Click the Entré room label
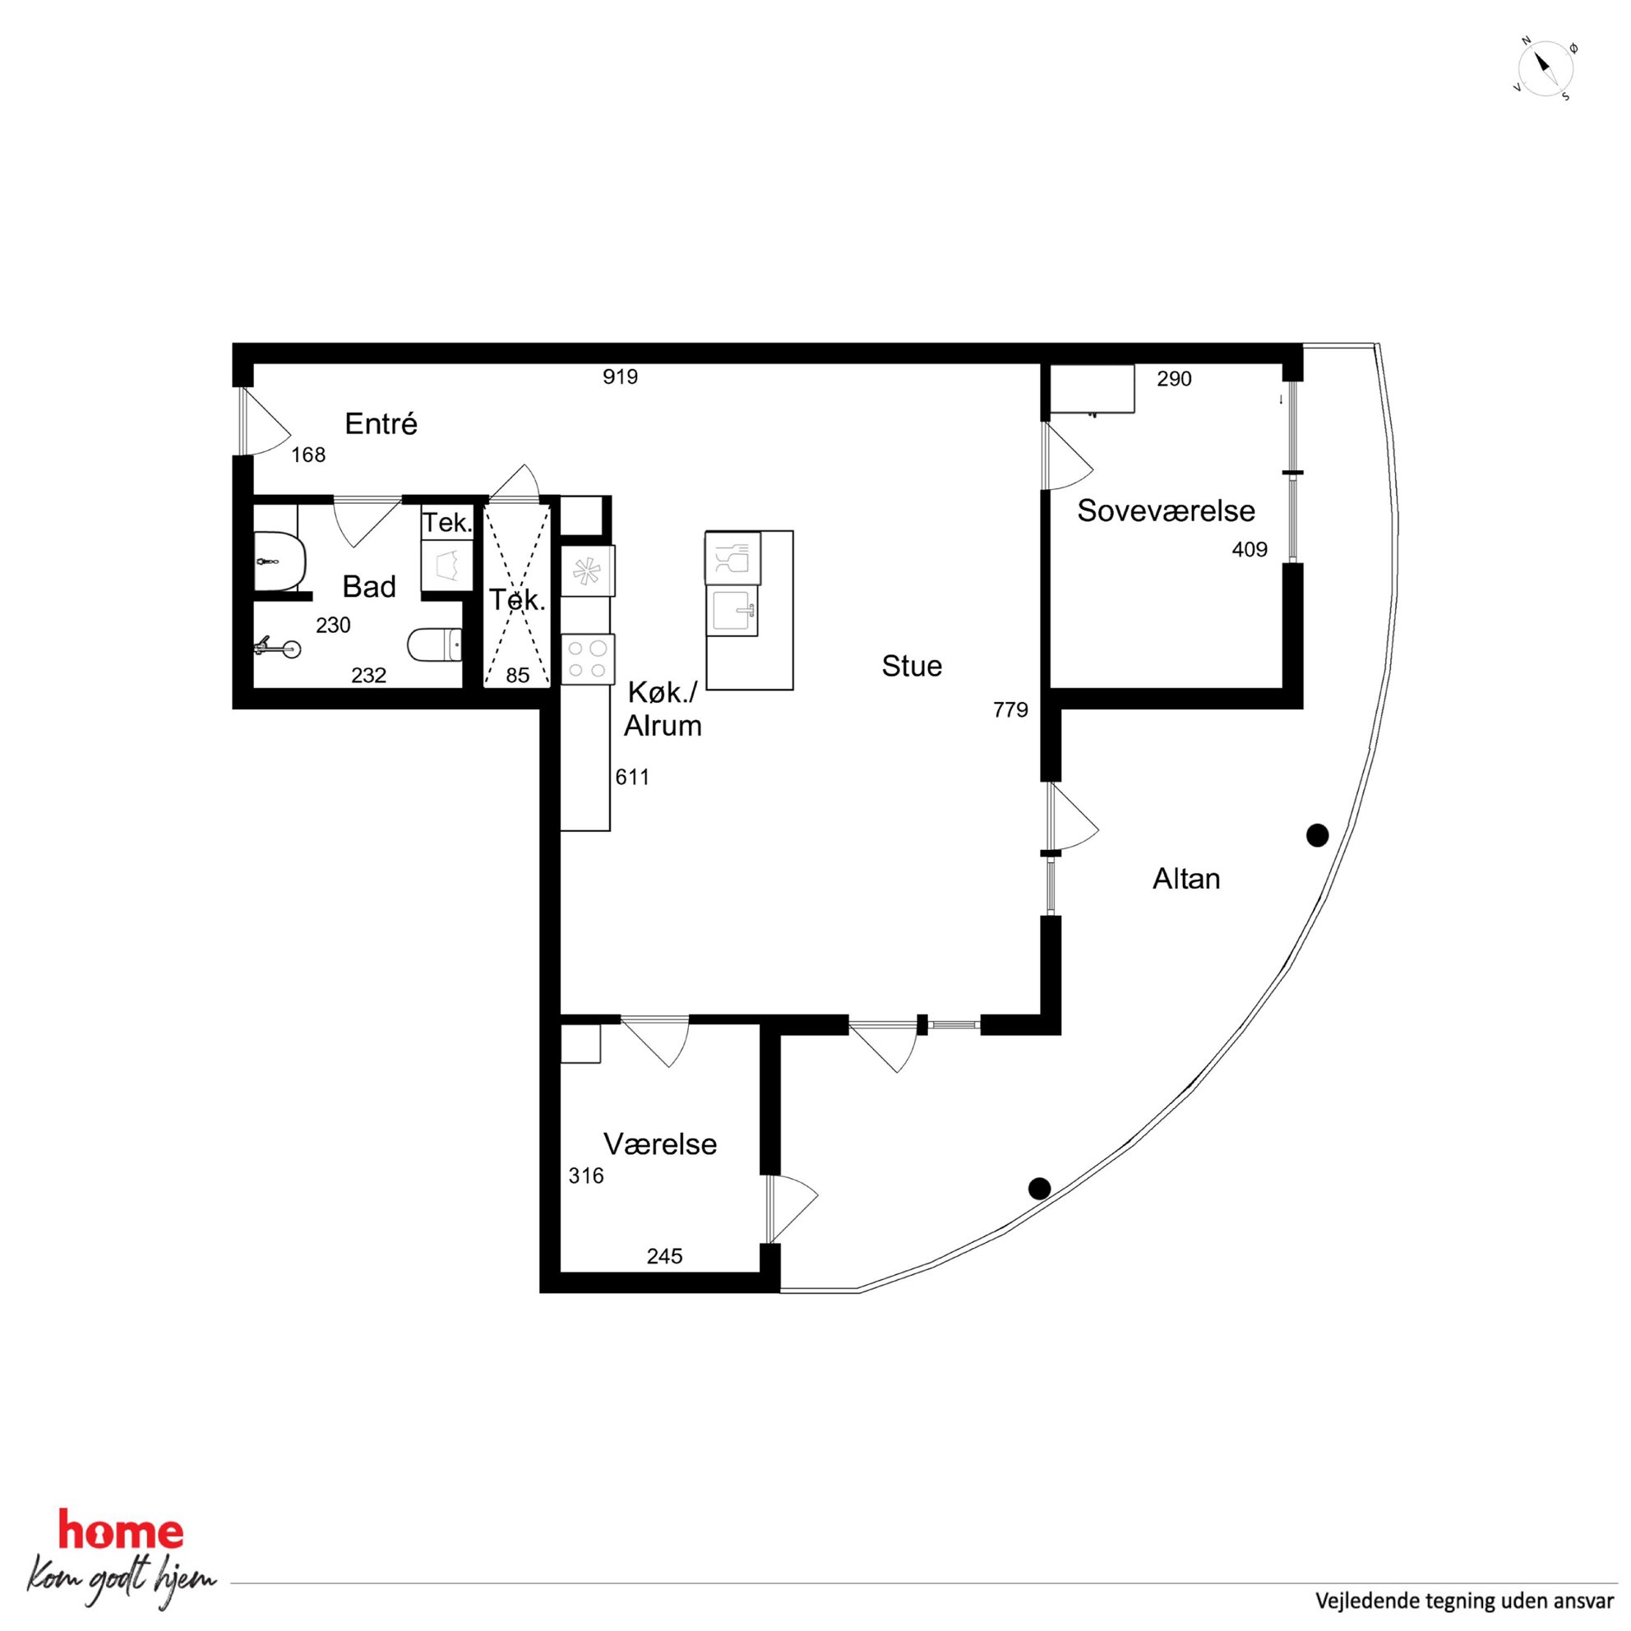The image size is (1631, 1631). tap(381, 424)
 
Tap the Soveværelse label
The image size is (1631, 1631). tap(1166, 511)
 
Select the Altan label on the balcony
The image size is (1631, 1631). tap(1186, 879)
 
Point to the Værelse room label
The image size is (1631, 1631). tap(660, 1144)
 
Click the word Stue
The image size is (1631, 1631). tap(912, 666)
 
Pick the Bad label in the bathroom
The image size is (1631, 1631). tap(369, 587)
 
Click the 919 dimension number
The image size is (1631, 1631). tap(621, 377)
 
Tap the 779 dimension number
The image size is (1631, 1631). tap(1010, 710)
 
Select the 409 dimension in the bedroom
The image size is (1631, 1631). tap(1250, 550)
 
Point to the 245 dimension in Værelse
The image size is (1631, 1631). tap(664, 1256)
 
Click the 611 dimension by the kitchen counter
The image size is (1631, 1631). tap(632, 777)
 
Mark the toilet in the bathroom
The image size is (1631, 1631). tap(435, 646)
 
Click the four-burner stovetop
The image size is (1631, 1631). tap(588, 659)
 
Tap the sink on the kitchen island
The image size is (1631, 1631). tap(734, 610)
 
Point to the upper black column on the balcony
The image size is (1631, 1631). tap(1317, 836)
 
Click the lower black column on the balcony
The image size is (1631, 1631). tap(1039, 1189)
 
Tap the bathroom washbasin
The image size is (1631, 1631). tap(279, 561)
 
